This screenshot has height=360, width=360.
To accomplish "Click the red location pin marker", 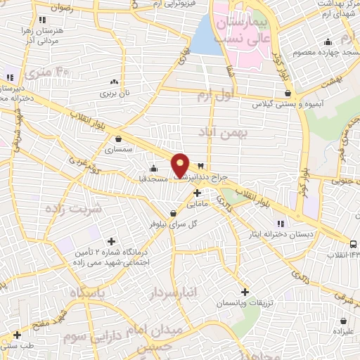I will pyautogui.click(x=181, y=165).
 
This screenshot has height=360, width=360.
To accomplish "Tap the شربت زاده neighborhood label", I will pyautogui.click(x=73, y=208).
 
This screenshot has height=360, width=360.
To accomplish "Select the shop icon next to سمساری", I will pyautogui.click(x=117, y=139).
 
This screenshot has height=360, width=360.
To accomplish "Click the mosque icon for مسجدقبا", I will pyautogui.click(x=154, y=168).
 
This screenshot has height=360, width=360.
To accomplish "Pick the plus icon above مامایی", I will pyautogui.click(x=197, y=193).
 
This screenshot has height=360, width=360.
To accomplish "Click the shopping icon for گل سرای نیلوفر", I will pyautogui.click(x=173, y=214).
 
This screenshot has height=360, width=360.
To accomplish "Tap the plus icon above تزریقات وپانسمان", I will pyautogui.click(x=245, y=292).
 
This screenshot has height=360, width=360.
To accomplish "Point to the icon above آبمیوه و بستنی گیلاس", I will pyautogui.click(x=287, y=93).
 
